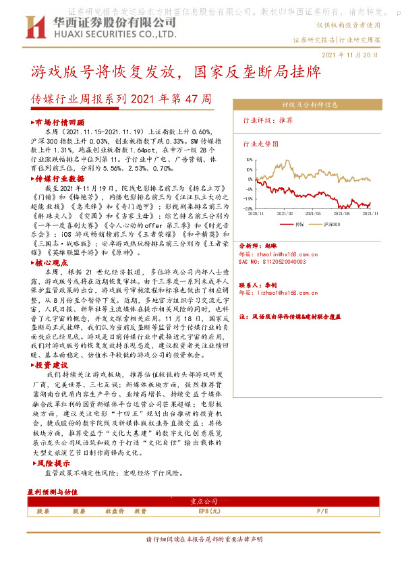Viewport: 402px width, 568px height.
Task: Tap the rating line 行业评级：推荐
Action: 268,120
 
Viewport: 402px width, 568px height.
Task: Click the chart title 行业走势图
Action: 261,144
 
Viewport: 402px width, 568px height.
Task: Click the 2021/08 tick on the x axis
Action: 343,212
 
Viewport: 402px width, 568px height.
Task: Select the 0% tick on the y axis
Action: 250,179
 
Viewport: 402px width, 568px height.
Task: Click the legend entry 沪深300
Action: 328,223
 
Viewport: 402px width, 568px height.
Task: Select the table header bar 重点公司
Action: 200,502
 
